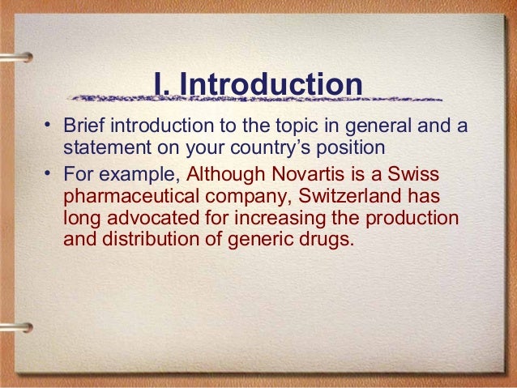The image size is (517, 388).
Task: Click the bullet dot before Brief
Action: [48, 126]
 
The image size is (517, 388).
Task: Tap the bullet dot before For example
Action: [48, 173]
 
